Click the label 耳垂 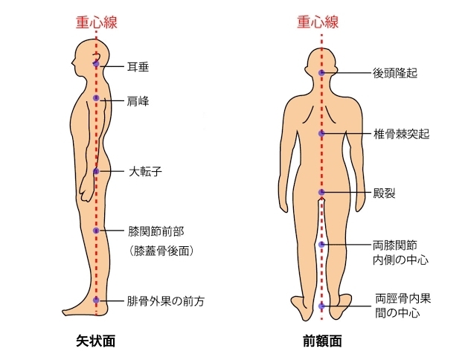coord(138,67)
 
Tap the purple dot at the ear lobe coord(96,64)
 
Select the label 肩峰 coord(138,101)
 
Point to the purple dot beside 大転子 coord(96,171)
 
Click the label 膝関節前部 coord(156,231)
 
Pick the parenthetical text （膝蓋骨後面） coord(161,251)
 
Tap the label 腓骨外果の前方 coord(165,300)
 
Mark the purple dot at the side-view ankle coord(96,300)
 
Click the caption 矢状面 coord(96,341)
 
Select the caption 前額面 coord(322,341)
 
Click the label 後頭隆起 coord(395,73)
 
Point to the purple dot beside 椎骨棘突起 coord(321,133)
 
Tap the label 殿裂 coord(384,193)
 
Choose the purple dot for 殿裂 coord(321,192)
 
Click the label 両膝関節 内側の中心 coord(400,252)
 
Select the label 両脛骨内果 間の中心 coord(403,306)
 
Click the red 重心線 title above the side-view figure coord(96,22)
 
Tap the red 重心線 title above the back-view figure coord(318,22)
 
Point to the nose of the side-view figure coord(72,63)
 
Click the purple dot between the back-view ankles coord(321,306)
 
